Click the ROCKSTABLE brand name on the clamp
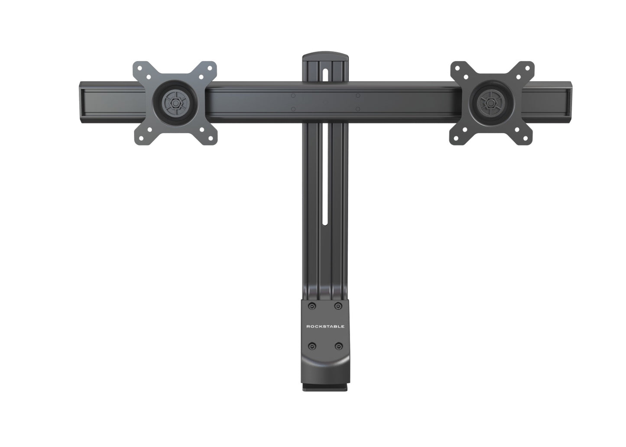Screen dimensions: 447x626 [325, 326]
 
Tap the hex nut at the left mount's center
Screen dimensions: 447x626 [174, 103]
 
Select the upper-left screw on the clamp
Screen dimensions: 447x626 [311, 306]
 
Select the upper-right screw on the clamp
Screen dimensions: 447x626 [338, 306]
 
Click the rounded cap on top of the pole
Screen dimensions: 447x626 [325, 57]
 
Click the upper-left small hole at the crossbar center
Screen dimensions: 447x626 [293, 95]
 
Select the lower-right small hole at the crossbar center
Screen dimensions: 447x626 [358, 109]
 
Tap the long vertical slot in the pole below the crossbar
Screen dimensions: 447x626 [325, 182]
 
